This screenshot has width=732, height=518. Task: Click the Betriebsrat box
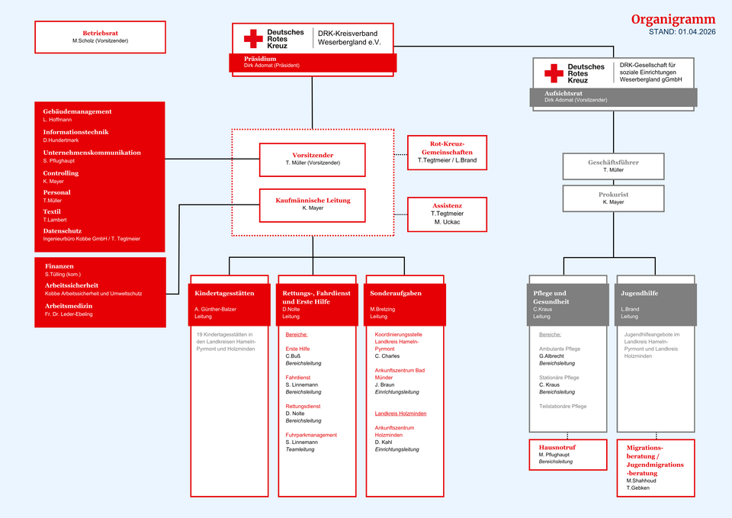pos(100,37)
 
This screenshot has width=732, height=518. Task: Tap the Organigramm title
pos(673,20)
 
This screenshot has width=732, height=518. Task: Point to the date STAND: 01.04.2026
pos(682,32)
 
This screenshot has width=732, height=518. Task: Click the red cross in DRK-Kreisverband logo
pos(253,38)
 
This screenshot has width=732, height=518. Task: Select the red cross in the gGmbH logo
pos(554,73)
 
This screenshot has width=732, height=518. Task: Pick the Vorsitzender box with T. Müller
pos(313,159)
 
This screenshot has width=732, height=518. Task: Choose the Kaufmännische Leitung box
pos(313,204)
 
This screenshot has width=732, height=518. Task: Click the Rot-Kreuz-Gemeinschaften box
pos(447,152)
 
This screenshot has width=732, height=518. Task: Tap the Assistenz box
pos(447,214)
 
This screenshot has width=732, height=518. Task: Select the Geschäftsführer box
pos(613,166)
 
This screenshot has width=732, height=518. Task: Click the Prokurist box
pos(613,198)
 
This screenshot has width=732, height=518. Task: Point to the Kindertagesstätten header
pos(224,293)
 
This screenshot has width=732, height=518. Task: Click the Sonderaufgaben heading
pos(396,293)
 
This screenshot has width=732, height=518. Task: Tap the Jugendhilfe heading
pos(640,293)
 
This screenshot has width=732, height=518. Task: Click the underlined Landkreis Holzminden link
pos(400,413)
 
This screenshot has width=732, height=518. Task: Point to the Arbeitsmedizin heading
pos(69,306)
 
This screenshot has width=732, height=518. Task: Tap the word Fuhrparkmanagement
pos(311,435)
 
